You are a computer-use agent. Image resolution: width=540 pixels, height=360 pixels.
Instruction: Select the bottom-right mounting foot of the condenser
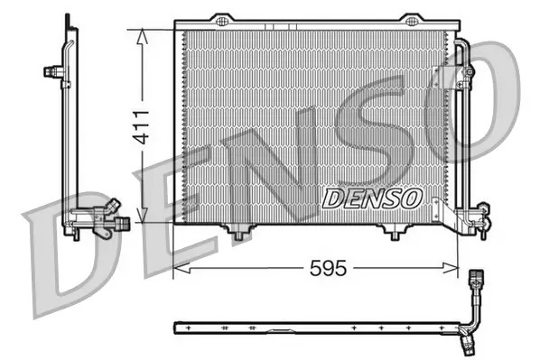(395, 234)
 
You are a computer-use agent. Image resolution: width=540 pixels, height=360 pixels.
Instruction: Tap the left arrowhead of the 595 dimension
(179, 268)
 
